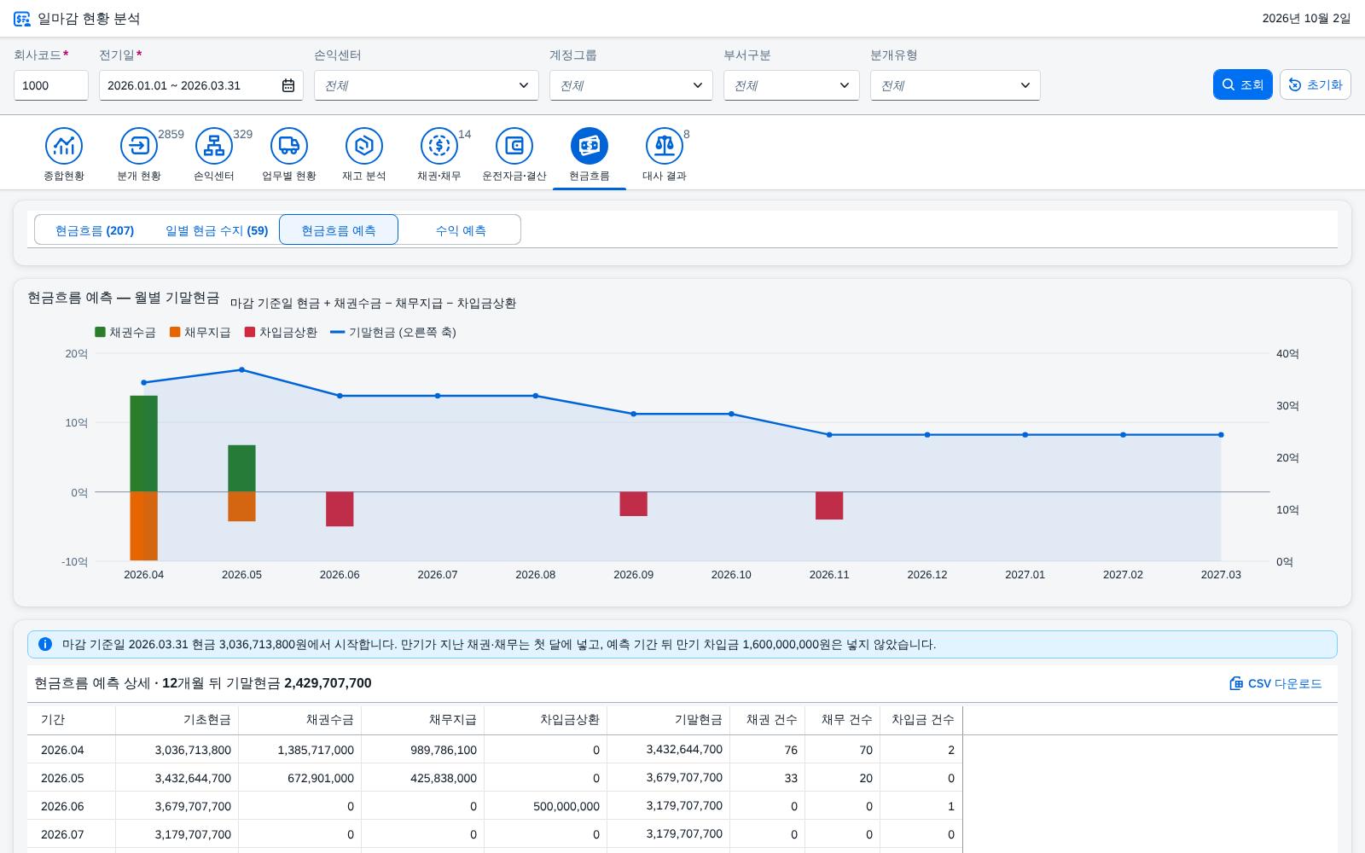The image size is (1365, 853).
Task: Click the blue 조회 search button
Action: (x=1242, y=84)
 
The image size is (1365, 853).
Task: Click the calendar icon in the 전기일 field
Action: (x=288, y=85)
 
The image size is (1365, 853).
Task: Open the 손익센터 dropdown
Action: (x=426, y=85)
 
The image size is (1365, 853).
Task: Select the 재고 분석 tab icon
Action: (x=363, y=146)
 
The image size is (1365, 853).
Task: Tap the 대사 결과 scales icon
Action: (x=665, y=146)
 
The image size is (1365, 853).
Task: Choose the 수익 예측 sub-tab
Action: (x=460, y=230)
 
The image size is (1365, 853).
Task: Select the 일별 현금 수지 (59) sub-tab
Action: (x=217, y=230)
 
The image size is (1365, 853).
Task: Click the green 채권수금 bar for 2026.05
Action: (x=242, y=468)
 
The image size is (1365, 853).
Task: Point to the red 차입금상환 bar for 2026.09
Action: (x=634, y=504)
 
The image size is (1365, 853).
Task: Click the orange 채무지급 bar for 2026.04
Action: (x=144, y=525)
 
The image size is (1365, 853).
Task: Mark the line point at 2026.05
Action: (x=242, y=370)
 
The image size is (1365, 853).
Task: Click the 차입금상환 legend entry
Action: (x=281, y=332)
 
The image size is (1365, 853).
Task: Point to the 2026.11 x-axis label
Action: (x=829, y=575)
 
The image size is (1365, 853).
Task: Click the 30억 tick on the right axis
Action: (x=1287, y=406)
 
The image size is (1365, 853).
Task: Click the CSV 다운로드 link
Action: (x=1275, y=683)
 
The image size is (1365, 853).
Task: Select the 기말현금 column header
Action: (x=698, y=720)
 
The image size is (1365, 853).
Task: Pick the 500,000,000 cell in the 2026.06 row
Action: (x=566, y=806)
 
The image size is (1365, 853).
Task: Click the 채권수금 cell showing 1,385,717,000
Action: (x=316, y=750)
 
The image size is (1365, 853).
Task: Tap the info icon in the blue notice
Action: (x=45, y=644)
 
